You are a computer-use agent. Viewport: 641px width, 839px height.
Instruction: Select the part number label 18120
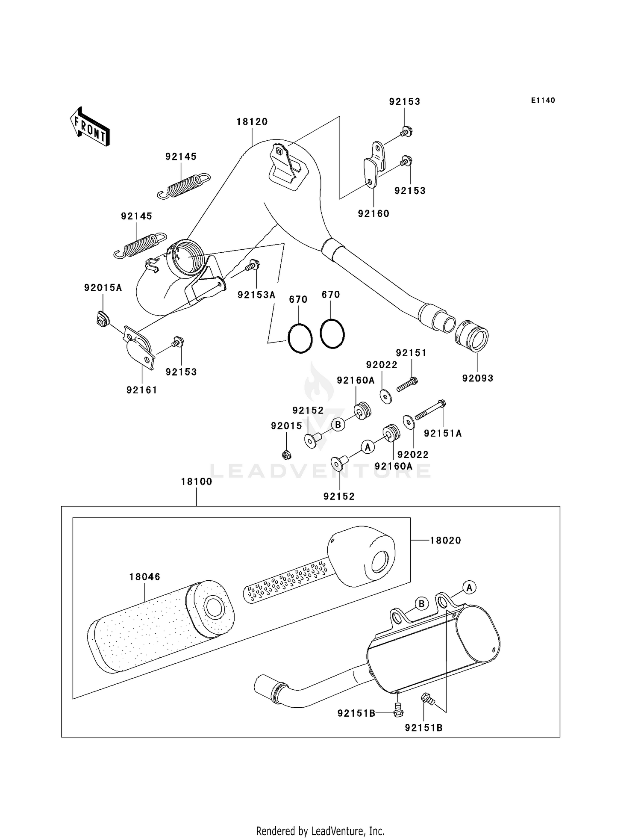click(x=252, y=122)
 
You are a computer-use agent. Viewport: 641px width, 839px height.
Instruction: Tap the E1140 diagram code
click(x=543, y=100)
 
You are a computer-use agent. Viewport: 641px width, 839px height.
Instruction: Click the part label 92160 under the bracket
click(x=373, y=214)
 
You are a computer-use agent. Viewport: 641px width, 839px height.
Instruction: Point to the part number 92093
click(x=477, y=378)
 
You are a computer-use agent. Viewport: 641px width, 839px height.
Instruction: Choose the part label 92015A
click(x=103, y=288)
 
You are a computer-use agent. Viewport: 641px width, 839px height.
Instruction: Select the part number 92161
click(x=142, y=390)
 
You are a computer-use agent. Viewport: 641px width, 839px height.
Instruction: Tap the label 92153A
click(x=256, y=295)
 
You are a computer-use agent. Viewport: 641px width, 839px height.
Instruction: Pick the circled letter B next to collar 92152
click(x=338, y=425)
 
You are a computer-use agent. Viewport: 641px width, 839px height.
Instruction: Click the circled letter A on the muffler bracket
click(x=469, y=588)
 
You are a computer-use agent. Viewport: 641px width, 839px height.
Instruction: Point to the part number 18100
click(x=197, y=482)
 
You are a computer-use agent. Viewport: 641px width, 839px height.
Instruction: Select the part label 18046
click(x=145, y=577)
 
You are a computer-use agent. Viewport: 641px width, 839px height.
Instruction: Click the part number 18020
click(x=445, y=541)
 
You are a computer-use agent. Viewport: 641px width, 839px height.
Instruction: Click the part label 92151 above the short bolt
click(x=411, y=353)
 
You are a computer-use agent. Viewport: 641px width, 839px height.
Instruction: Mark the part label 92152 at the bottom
click(x=339, y=496)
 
